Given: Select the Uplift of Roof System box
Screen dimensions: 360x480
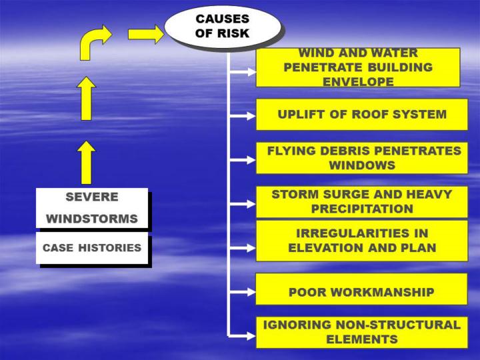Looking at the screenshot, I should [x=362, y=115].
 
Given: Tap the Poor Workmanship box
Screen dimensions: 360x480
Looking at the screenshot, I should [x=361, y=292].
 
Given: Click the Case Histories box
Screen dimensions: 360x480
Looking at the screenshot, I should [x=92, y=248].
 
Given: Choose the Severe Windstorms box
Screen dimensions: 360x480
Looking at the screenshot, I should [x=92, y=208].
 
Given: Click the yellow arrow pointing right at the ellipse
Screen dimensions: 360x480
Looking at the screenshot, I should [x=146, y=33].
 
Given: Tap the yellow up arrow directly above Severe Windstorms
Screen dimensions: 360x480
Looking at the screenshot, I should [x=87, y=162].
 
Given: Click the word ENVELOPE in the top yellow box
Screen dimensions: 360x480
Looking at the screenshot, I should [x=357, y=81].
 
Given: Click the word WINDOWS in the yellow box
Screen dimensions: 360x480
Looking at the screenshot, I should [x=362, y=165].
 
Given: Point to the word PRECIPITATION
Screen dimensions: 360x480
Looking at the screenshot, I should [x=362, y=208].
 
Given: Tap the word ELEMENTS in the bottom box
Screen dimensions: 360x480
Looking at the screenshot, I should [x=362, y=339].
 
